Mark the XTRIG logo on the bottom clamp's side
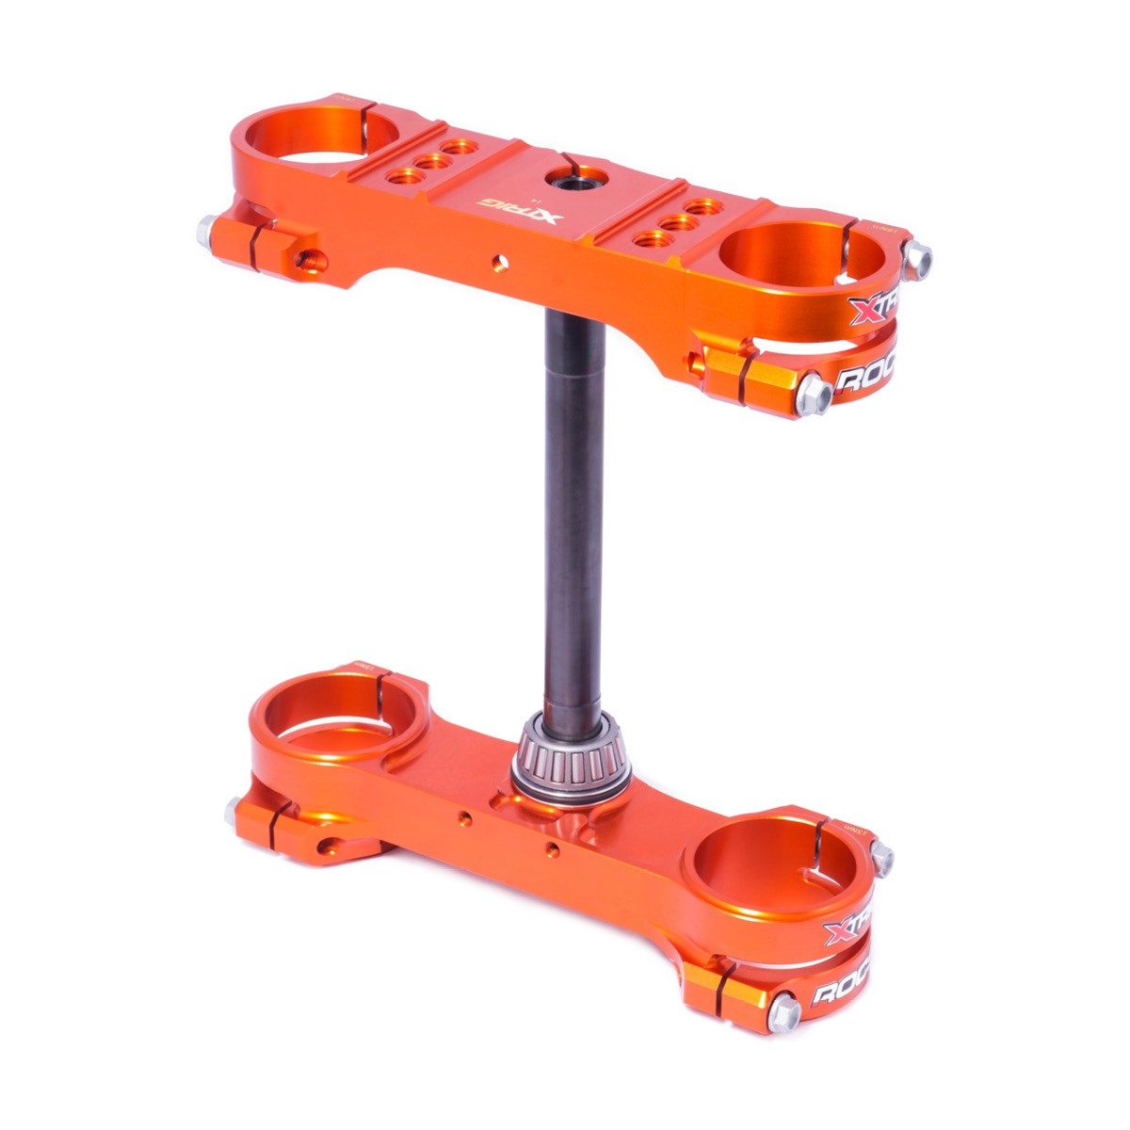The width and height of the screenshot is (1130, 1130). pos(847,928)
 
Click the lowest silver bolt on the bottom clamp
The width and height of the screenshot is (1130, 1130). pos(783,1013)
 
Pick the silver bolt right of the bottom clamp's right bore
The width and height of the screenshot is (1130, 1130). pos(881,856)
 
